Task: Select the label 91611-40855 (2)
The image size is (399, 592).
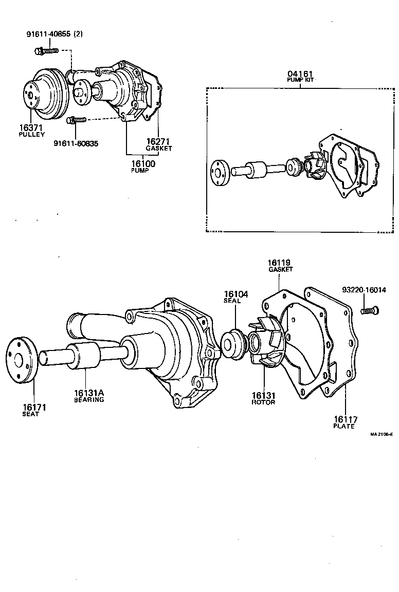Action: point(55,34)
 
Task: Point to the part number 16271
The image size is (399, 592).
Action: point(158,141)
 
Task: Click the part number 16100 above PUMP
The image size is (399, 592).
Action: point(143,163)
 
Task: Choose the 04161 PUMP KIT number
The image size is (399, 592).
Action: point(300,74)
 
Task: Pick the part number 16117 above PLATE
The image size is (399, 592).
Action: point(345,419)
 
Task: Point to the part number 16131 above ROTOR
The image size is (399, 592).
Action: point(264,395)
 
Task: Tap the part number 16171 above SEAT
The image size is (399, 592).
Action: point(34,408)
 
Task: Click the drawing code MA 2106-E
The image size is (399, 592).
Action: point(381,434)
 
